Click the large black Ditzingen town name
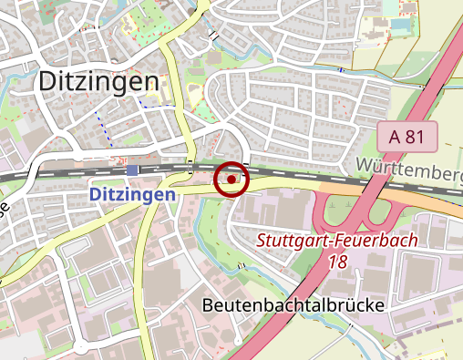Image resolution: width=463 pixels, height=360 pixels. point(98,82)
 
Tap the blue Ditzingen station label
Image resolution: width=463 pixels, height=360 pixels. point(132,195)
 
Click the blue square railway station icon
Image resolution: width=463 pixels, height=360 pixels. point(133,170)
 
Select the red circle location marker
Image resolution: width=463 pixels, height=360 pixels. point(231,180)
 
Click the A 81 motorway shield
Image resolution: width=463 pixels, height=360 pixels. point(408,137)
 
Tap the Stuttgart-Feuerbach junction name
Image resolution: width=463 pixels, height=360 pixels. point(336,242)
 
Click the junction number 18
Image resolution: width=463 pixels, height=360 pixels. point(336,261)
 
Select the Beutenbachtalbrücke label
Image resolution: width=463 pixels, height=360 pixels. point(293,304)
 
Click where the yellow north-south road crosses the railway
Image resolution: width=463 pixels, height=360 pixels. point(189,170)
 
